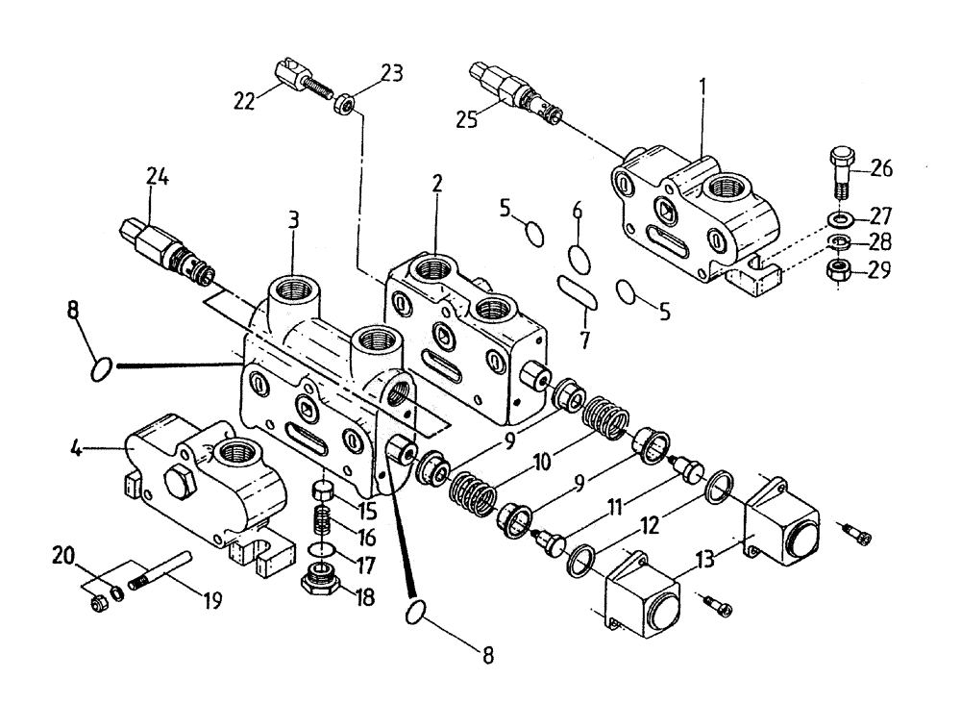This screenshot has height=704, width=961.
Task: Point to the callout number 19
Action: pos(211,601)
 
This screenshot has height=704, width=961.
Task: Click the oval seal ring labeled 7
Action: pos(578,291)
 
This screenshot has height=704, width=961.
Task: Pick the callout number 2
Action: pos(436,184)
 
